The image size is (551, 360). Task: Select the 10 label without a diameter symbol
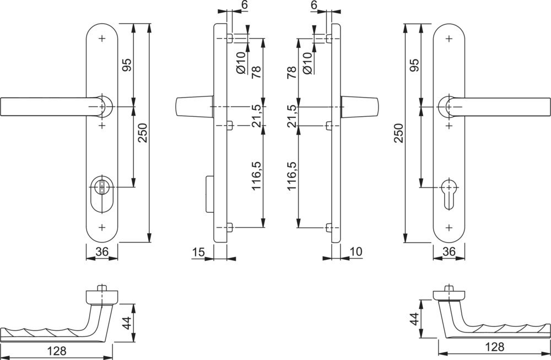pyautogui.click(x=355, y=252)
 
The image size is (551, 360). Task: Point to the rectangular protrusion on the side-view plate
pyautogui.click(x=209, y=194)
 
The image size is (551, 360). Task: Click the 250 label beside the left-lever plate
pyautogui.click(x=143, y=132)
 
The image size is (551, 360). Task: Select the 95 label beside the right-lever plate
pyautogui.click(x=415, y=65)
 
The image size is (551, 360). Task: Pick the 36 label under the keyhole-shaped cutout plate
pyautogui.click(x=449, y=252)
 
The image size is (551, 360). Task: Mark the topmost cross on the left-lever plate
pyautogui.click(x=101, y=39)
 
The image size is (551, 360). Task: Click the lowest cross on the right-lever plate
pyautogui.click(x=450, y=227)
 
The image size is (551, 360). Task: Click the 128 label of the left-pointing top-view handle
pyautogui.click(x=56, y=351)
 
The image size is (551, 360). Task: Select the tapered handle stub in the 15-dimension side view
pyautogui.click(x=193, y=106)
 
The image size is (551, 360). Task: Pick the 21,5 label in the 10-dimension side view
pyautogui.click(x=293, y=116)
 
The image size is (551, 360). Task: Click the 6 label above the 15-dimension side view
pyautogui.click(x=244, y=5)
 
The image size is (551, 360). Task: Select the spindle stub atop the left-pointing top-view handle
pyautogui.click(x=101, y=288)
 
